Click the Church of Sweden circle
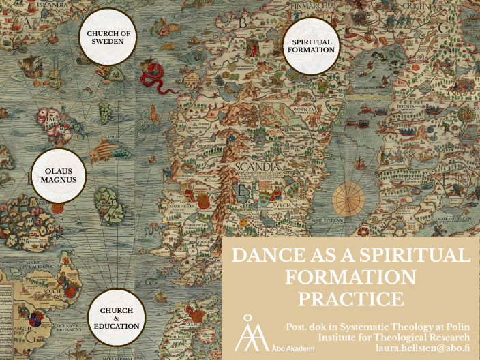tap(108, 37)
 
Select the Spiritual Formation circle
tap(311, 45)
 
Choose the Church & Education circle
tap(117, 316)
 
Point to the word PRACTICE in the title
tap(350, 298)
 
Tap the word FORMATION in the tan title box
tap(350, 277)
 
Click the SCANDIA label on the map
tap(256, 166)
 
